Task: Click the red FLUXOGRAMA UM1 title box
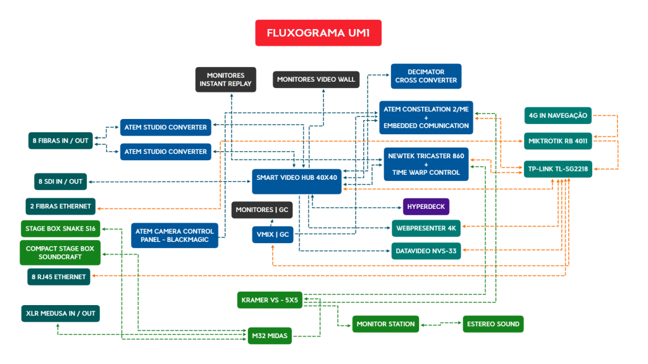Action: point(318,33)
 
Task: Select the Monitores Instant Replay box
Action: point(225,79)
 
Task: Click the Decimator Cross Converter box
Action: point(426,76)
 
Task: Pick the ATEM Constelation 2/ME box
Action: point(426,117)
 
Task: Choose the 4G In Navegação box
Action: point(558,115)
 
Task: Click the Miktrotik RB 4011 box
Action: point(558,141)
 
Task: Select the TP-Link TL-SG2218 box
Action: point(558,168)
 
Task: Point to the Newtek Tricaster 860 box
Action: point(426,164)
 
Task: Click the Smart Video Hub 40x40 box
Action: point(296,182)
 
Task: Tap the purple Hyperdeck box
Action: point(426,206)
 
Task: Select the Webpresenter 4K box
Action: point(426,227)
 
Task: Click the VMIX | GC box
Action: point(273,234)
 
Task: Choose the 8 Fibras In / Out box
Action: point(61,140)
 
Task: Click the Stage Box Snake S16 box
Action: point(61,229)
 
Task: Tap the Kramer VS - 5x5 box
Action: point(270,299)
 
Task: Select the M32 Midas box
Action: point(270,335)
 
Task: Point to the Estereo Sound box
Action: point(493,324)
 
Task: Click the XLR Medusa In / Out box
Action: point(61,313)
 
